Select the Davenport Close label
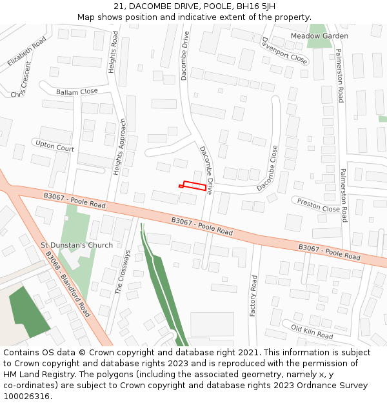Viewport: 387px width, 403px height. [284, 50]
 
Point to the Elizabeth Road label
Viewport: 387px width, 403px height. [27, 52]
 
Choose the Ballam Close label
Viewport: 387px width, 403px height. [77, 92]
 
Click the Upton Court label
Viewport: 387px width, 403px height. [55, 146]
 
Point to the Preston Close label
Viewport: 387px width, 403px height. [318, 205]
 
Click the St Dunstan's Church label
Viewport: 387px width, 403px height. [77, 245]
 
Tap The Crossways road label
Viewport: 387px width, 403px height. [123, 272]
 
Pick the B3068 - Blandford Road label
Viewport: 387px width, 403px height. [67, 284]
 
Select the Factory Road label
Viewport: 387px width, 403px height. [253, 296]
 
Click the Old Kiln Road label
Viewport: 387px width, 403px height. [312, 332]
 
